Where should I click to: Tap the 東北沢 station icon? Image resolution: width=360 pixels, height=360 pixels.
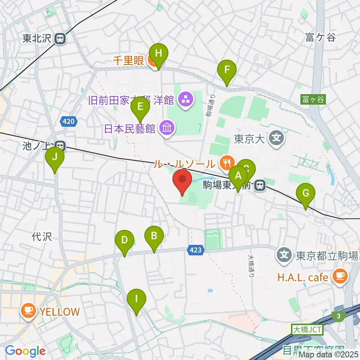pyautogui.click(x=60, y=38)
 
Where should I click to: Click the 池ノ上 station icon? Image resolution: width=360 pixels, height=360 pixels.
pyautogui.click(x=59, y=145)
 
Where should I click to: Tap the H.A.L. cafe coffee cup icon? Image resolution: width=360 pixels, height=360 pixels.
pyautogui.click(x=340, y=277)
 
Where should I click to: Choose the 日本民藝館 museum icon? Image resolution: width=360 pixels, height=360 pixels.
pyautogui.click(x=166, y=129)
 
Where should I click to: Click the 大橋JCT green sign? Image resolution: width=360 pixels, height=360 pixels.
pyautogui.click(x=307, y=330)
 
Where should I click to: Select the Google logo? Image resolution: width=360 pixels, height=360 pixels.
pyautogui.click(x=25, y=351)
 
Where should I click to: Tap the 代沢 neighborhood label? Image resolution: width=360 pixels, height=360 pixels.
pyautogui.click(x=42, y=237)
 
